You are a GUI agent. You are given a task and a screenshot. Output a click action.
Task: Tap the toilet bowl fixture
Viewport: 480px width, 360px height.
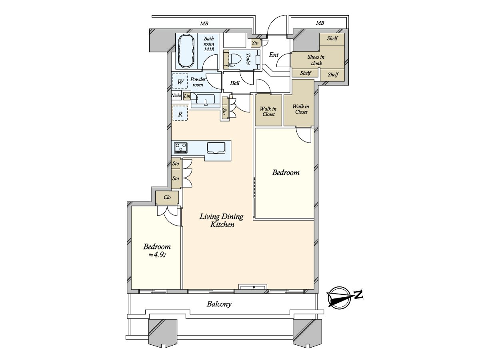pos(234,59)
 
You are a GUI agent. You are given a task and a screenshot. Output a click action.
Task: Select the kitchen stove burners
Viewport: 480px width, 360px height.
pos(181,148)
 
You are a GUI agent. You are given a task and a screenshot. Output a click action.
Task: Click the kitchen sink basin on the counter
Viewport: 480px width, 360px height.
pos(216,148)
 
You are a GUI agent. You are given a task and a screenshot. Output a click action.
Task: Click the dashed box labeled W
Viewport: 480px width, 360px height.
pos(180,82)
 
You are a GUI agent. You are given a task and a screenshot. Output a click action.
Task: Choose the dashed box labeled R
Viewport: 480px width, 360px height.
pos(180,114)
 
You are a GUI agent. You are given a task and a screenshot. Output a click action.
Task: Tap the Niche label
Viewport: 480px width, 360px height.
pos(176,96)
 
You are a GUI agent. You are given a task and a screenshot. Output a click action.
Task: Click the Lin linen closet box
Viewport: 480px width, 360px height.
pos(187,96)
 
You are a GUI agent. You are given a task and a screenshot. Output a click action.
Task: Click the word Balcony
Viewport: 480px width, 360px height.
pos(219,304)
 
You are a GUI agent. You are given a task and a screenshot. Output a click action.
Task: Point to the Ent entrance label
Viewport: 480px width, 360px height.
pos(274,55)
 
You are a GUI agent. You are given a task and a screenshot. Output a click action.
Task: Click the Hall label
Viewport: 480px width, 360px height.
pos(235,83)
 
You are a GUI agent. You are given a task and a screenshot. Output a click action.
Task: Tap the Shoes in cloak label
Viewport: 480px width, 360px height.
pos(316,60)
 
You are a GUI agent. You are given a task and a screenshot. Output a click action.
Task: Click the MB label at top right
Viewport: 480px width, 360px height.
pos(320,23)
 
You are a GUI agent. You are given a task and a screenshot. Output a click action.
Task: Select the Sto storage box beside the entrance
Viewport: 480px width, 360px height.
pos(255,43)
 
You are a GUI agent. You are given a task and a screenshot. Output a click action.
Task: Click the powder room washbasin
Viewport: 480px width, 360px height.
pos(206,100)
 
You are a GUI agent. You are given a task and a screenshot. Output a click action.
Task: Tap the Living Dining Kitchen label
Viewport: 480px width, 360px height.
pos(222,220)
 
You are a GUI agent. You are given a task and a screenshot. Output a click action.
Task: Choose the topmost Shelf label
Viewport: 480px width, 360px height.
pos(332,39)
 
